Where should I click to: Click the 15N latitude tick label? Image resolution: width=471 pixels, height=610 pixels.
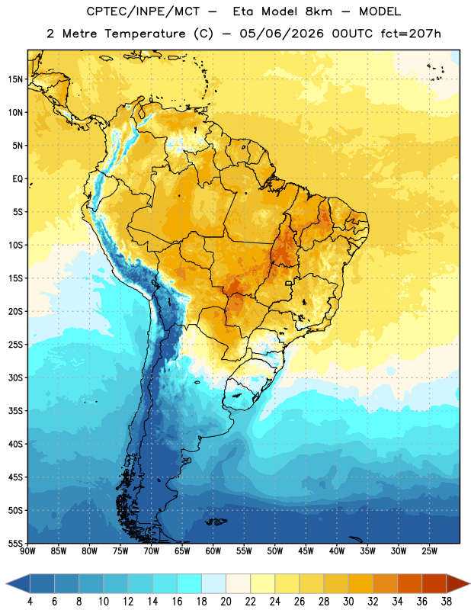click(x=15, y=79)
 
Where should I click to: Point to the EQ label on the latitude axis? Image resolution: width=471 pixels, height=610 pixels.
click(x=18, y=179)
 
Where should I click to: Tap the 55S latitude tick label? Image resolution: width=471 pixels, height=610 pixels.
click(x=15, y=543)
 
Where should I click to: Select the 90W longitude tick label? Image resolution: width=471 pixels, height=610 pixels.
click(x=27, y=551)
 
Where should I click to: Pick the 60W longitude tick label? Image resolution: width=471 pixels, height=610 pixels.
click(x=213, y=551)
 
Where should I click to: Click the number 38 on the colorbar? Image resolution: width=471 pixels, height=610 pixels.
click(x=447, y=602)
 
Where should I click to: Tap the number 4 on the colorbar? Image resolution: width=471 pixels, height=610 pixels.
click(x=30, y=602)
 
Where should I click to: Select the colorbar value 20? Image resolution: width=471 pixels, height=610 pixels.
click(x=226, y=602)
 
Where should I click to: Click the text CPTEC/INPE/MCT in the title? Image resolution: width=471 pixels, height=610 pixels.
click(x=143, y=11)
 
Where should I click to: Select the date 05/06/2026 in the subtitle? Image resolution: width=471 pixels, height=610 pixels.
click(x=281, y=34)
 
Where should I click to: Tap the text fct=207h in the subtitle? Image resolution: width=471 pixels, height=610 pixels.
click(x=411, y=34)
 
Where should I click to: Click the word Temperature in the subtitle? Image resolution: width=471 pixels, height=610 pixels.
click(x=145, y=34)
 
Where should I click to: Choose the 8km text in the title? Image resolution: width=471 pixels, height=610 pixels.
click(x=319, y=11)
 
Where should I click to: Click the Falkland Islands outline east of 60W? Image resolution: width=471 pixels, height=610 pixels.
click(x=216, y=522)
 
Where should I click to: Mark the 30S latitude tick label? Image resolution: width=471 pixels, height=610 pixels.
click(x=15, y=377)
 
